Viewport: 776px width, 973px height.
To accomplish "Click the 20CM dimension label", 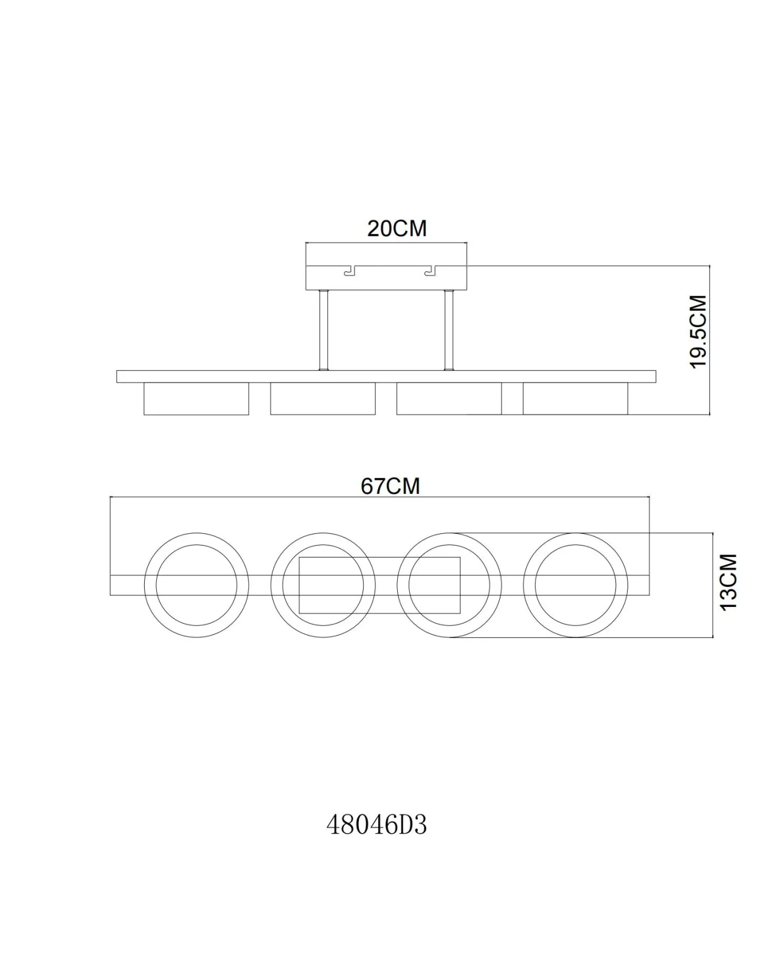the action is pos(397,229).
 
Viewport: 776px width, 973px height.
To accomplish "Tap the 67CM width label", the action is pos(390,486).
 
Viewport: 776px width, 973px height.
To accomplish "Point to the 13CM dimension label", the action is pos(728,583).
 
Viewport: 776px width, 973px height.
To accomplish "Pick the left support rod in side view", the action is pos(324,330).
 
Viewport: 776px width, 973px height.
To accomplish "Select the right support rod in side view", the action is pos(449,330).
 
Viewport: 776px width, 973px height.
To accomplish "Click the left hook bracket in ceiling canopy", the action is pos(350,271).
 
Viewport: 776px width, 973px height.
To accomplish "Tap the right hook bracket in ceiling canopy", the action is pos(430,271).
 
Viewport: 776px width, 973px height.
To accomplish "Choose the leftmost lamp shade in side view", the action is pos(196,399).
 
